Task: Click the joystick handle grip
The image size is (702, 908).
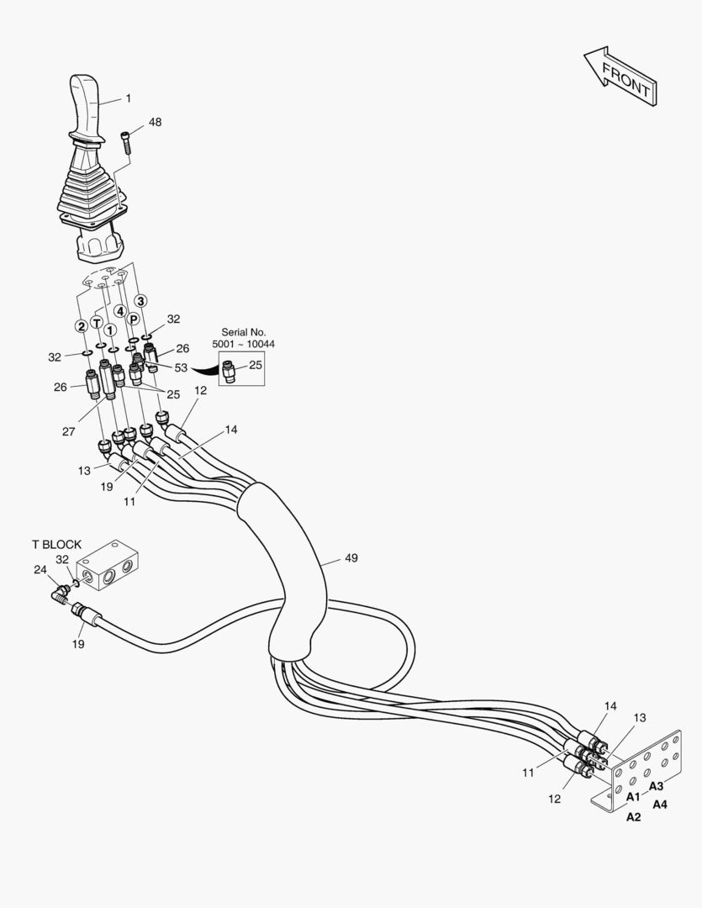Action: [x=87, y=105]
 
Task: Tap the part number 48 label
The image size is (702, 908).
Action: [x=155, y=122]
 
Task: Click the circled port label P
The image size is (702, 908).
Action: [x=133, y=319]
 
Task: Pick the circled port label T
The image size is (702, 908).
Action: [x=98, y=323]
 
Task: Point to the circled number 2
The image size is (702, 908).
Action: [x=82, y=326]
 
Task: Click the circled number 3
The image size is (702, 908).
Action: [x=141, y=301]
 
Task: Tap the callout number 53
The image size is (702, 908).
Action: [x=181, y=367]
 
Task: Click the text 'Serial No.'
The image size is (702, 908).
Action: [x=242, y=332]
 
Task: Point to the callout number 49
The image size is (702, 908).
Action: [x=351, y=557]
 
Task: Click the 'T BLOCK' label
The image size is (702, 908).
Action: [x=56, y=544]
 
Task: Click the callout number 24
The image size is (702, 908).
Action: [x=40, y=569]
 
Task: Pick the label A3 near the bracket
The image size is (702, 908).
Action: [x=656, y=786]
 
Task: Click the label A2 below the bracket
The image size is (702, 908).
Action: [x=633, y=816]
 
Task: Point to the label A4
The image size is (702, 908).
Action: [x=660, y=804]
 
